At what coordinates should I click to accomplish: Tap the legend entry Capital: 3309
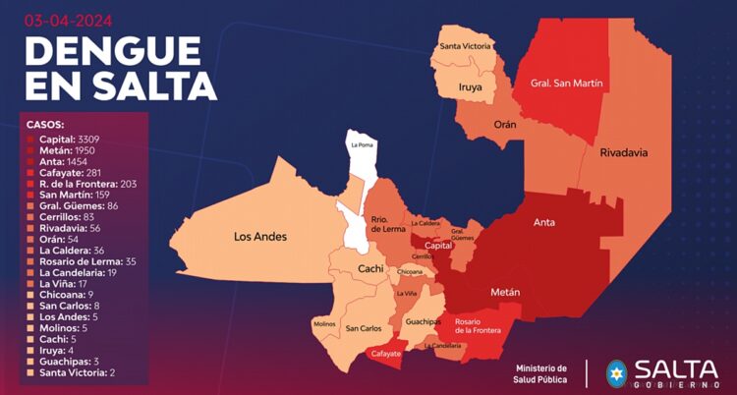pos(74,140)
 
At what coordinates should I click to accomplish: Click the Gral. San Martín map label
pos(567,84)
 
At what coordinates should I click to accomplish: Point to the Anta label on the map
pos(544,223)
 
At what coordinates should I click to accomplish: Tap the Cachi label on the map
pos(370,268)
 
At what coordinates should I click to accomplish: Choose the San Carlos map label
pos(364,328)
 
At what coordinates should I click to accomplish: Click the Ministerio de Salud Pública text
pos(541,373)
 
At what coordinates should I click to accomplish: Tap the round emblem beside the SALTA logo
pos(616,373)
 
